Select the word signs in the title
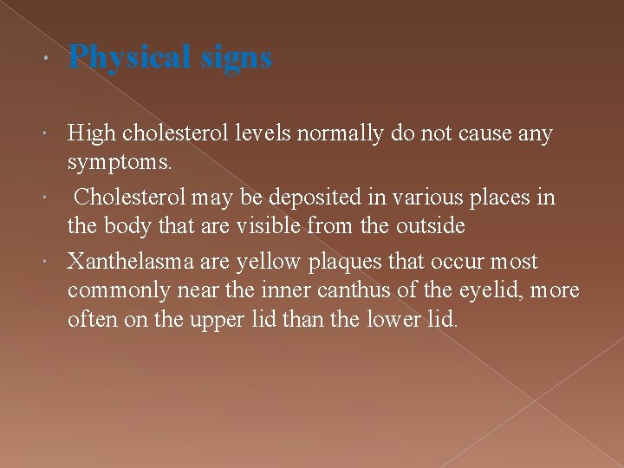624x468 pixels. [236, 58]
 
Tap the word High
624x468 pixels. [92, 134]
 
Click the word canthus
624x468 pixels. [388, 290]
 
